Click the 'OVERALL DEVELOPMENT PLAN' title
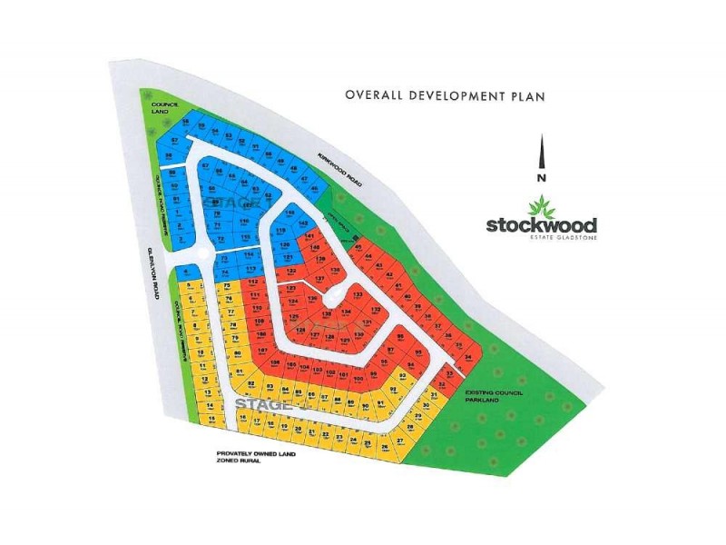point(444,94)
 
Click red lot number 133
point(358,295)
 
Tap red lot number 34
point(467,356)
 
